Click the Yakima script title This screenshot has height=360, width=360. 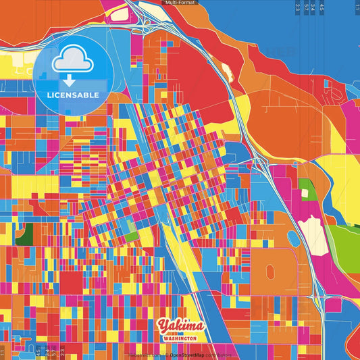pos(178,326)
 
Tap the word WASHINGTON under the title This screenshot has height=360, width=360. pos(180,338)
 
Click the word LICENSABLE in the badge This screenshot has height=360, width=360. pos(73,94)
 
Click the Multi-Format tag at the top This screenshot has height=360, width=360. pos(180,3)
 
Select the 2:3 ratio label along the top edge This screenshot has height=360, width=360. pos(298,7)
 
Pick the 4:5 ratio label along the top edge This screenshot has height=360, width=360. pos(322,7)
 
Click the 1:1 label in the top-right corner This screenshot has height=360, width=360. pos(355,7)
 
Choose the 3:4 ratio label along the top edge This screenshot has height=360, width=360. pos(313,7)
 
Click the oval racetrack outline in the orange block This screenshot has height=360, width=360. pos(271,272)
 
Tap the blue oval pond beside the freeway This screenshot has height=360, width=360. pos(293,238)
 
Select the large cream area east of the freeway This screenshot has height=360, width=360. pos(312,232)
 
